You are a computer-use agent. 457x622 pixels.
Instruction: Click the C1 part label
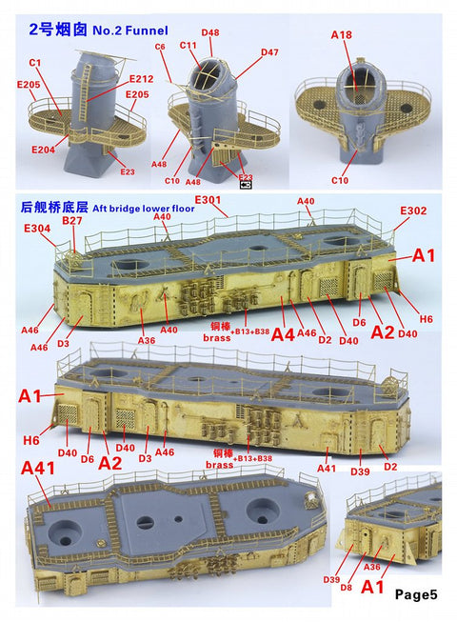[x=34, y=62]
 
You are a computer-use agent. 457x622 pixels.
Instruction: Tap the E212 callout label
[x=140, y=80]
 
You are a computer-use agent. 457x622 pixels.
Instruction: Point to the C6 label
[x=160, y=47]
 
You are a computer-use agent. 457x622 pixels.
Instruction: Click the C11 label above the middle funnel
[x=188, y=45]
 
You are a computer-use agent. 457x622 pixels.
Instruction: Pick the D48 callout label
[x=209, y=33]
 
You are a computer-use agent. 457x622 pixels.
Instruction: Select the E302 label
[x=413, y=211]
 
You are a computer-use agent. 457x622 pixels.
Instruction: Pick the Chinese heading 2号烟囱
[x=44, y=14]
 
